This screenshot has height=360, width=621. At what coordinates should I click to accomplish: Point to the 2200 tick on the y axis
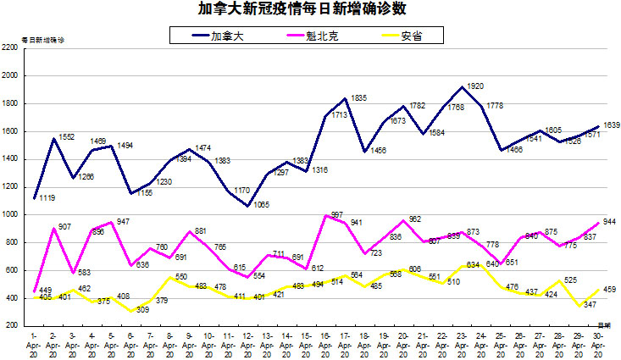9,48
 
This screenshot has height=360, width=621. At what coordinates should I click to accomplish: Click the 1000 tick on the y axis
9,214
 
